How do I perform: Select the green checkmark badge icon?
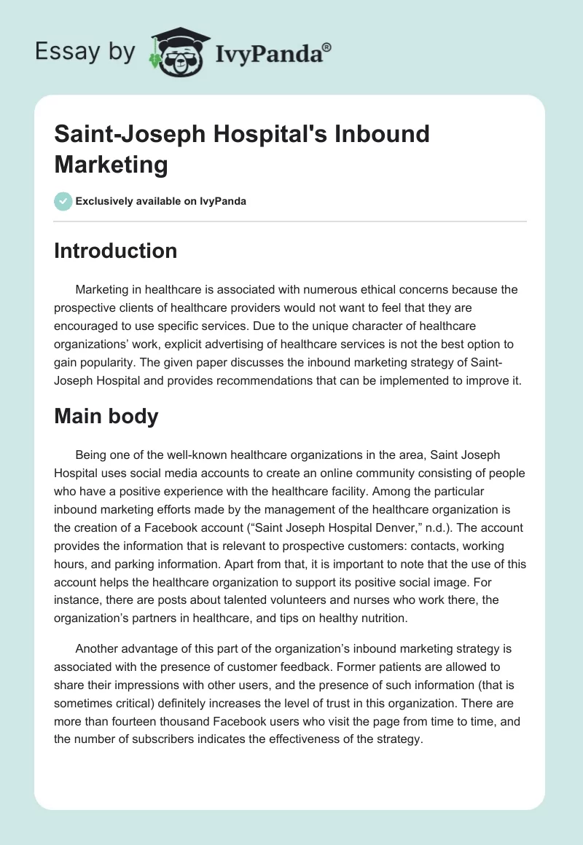[63, 201]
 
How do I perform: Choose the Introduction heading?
[116, 251]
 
